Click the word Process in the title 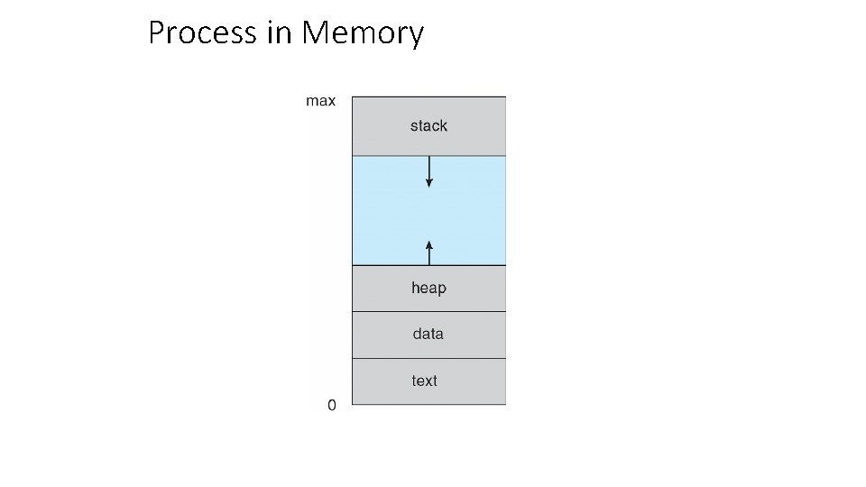coord(203,33)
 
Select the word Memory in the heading coord(363,33)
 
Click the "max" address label coord(320,101)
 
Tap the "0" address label coord(331,406)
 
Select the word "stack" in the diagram coord(428,126)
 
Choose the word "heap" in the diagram coord(428,289)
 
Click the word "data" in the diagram coord(428,334)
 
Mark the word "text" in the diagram coord(424,381)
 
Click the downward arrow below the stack coord(429,170)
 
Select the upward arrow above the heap coord(429,253)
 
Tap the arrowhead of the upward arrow coord(429,243)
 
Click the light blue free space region coord(469,211)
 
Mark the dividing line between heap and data coord(428,312)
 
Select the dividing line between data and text coord(428,358)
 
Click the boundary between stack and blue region coord(469,156)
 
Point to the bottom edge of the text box coord(428,404)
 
